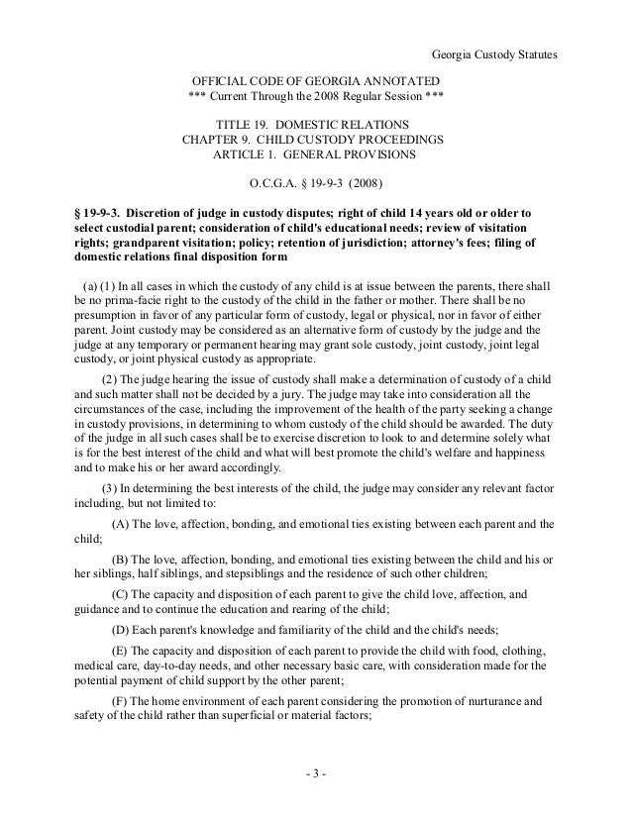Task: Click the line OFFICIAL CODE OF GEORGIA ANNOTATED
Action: coord(315,79)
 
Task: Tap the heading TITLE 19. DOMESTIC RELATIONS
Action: coord(315,124)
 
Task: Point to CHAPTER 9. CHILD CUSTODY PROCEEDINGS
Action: coord(315,140)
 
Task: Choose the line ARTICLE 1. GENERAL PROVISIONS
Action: coord(315,155)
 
